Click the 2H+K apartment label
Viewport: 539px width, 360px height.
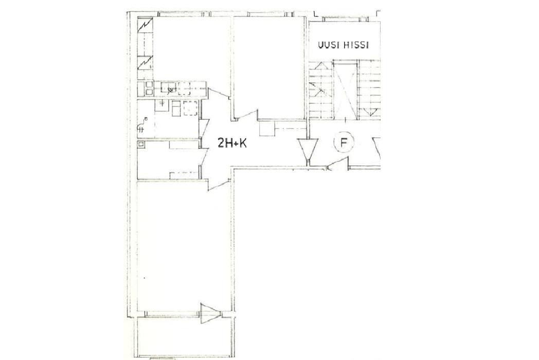click(x=232, y=142)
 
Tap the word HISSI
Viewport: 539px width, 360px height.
click(x=356, y=45)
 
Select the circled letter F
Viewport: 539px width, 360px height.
click(x=343, y=142)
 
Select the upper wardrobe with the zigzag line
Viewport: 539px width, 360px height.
click(x=145, y=25)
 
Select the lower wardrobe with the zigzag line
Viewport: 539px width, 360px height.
click(x=145, y=63)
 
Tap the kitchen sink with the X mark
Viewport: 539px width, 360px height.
click(x=169, y=88)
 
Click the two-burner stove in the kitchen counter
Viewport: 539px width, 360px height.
click(x=149, y=88)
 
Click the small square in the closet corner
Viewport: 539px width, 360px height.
click(x=140, y=144)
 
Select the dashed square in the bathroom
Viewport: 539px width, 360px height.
click(x=191, y=109)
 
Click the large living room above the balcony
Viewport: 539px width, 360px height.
click(x=184, y=246)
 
